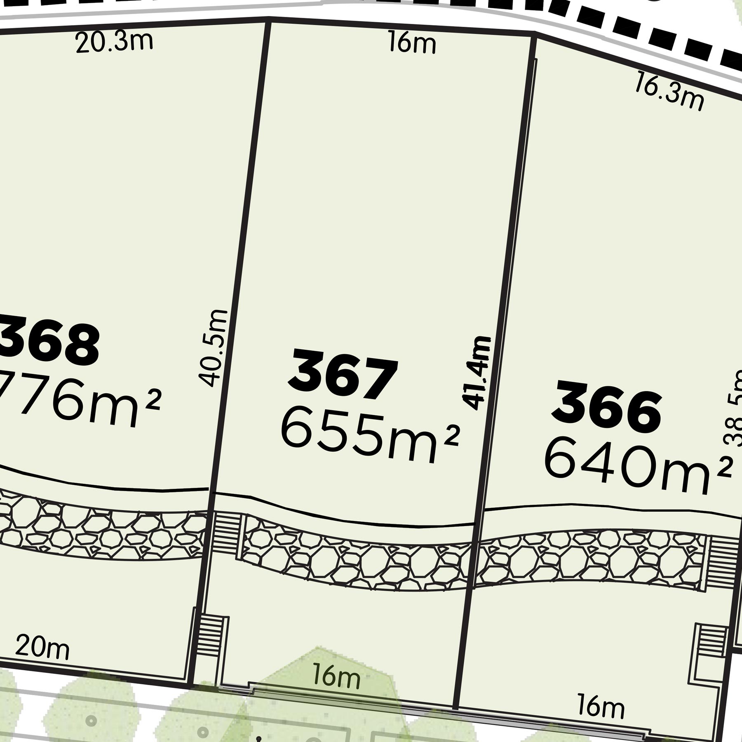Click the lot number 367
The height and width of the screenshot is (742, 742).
343,374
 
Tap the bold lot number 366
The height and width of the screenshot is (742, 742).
607,406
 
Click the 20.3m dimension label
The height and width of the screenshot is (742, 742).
114,42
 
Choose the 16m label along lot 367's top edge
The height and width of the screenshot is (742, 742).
411,44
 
